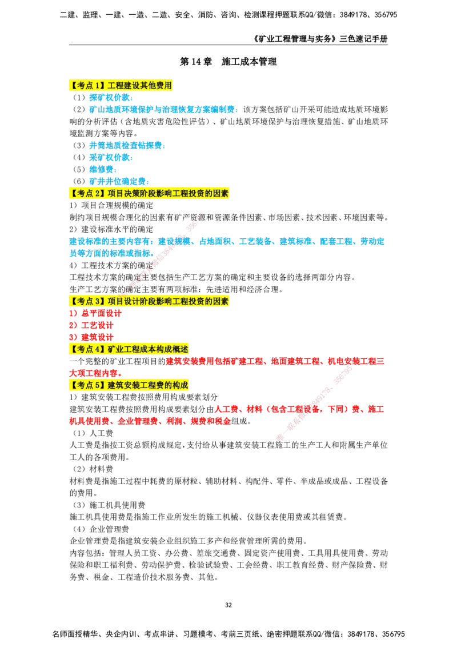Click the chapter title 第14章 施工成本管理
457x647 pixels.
coord(228,62)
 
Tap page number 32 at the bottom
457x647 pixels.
coord(228,605)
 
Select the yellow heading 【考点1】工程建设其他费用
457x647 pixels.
coord(121,85)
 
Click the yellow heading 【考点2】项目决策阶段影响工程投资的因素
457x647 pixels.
coord(149,193)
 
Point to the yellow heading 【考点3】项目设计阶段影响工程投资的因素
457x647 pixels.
coord(149,301)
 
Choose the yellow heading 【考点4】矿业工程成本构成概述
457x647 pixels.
coord(129,349)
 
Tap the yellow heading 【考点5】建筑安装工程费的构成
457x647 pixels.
coord(129,385)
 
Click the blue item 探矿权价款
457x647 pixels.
coord(111,97)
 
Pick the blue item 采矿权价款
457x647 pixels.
coord(111,157)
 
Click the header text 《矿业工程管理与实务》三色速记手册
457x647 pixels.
coord(321,39)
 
